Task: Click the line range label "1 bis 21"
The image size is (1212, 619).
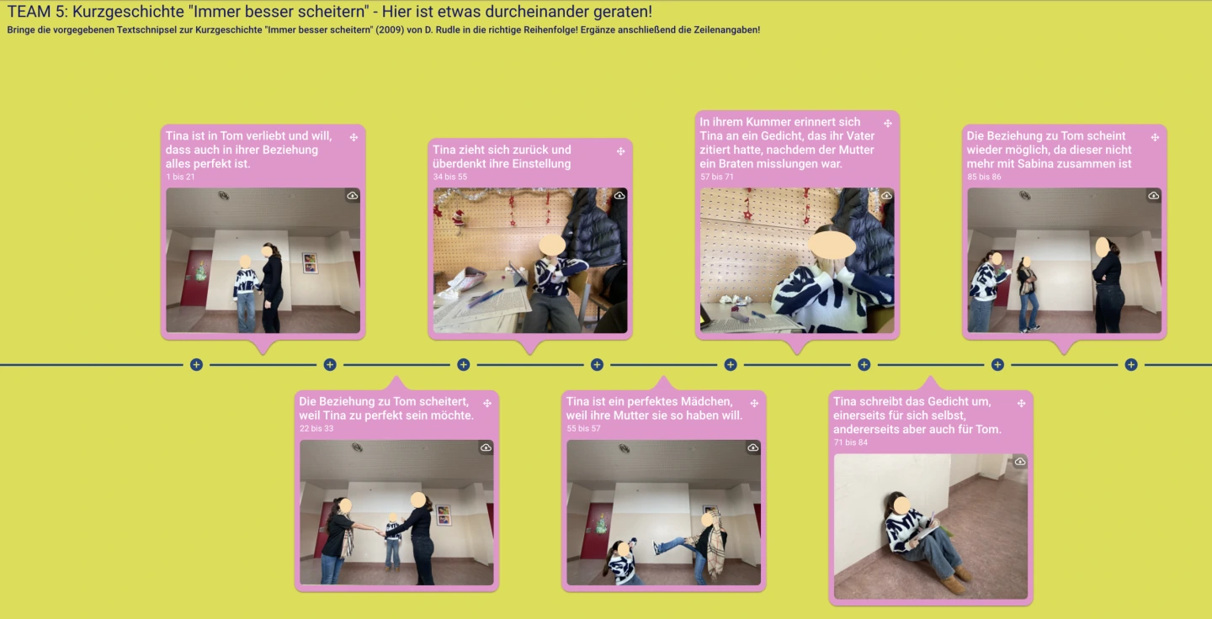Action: coord(180,177)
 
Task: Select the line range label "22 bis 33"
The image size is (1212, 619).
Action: coord(316,429)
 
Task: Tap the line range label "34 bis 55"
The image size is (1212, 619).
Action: coord(450,177)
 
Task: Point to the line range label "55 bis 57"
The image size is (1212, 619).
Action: coord(583,429)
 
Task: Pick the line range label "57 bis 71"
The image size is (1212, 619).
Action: coord(717,177)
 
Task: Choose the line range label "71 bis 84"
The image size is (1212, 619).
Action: coord(851,442)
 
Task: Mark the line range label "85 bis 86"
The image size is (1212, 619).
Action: coord(984,177)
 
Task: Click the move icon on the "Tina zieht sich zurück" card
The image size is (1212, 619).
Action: coord(620,151)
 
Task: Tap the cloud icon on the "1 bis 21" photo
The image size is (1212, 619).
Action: coord(352,196)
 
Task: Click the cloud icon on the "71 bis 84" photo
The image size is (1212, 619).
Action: coord(1020,462)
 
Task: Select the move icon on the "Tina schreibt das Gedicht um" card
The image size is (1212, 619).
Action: coord(1021,404)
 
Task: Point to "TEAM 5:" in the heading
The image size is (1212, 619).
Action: coord(37,11)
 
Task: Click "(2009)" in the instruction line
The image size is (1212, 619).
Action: coord(391,30)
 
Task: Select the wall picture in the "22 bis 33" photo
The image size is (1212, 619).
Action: coord(444,516)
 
